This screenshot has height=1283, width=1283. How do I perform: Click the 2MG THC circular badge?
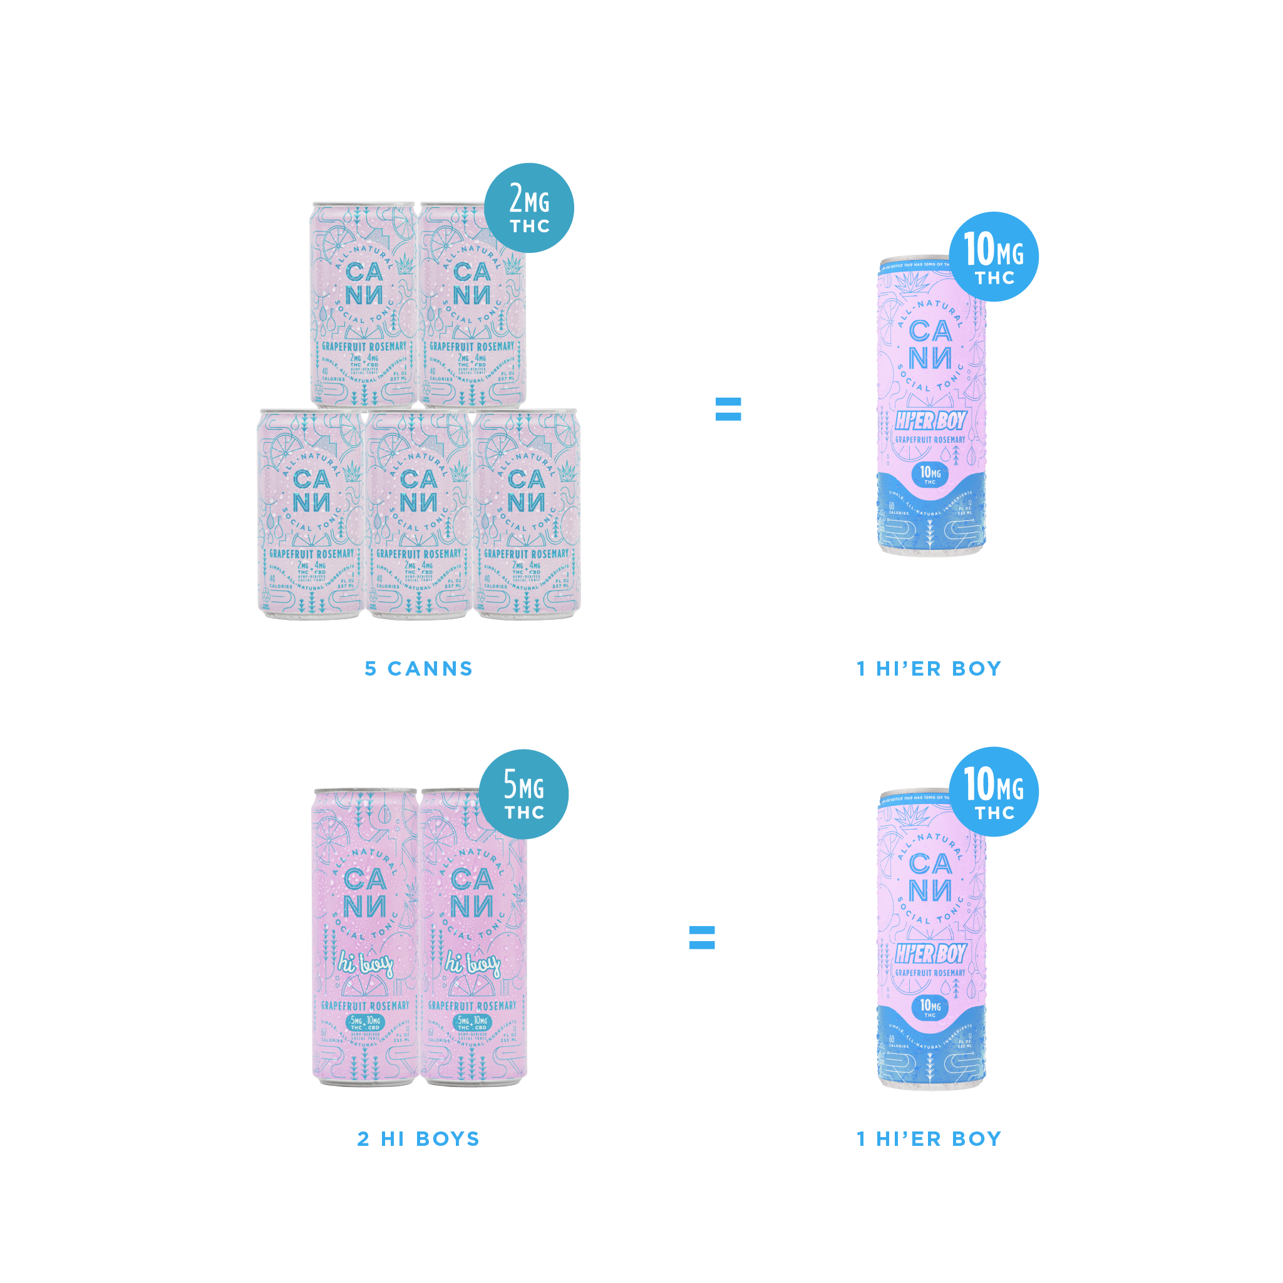(x=528, y=208)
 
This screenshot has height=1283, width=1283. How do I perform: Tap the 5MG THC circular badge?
(x=523, y=793)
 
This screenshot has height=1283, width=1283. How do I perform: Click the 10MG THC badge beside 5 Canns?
(x=994, y=257)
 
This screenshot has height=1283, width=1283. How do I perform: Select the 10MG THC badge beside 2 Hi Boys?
(x=994, y=791)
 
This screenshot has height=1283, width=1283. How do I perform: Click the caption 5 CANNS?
(x=418, y=669)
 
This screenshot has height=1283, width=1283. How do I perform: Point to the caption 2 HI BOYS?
(x=418, y=1139)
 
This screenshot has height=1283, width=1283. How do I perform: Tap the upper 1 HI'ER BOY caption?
(x=929, y=669)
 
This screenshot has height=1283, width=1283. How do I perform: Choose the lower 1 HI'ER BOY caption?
(x=929, y=1139)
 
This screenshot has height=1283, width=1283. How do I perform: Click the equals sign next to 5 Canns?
(x=728, y=409)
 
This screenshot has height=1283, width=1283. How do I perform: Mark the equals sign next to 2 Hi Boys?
(x=702, y=938)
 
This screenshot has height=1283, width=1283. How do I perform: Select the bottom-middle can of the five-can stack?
(x=418, y=515)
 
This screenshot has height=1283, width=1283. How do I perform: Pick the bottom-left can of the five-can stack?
(x=311, y=515)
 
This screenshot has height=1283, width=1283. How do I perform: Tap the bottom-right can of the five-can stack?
(x=527, y=515)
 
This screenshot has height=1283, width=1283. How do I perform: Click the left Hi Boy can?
(x=364, y=936)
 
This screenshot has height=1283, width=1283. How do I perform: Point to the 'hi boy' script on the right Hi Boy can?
(x=472, y=964)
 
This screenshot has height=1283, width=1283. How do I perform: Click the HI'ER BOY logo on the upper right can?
(x=930, y=420)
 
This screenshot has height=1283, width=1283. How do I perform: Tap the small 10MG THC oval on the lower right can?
(x=930, y=1007)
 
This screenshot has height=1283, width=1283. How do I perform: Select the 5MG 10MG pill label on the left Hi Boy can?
(x=365, y=1023)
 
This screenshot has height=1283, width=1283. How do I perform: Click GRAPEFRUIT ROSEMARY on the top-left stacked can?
(x=364, y=347)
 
